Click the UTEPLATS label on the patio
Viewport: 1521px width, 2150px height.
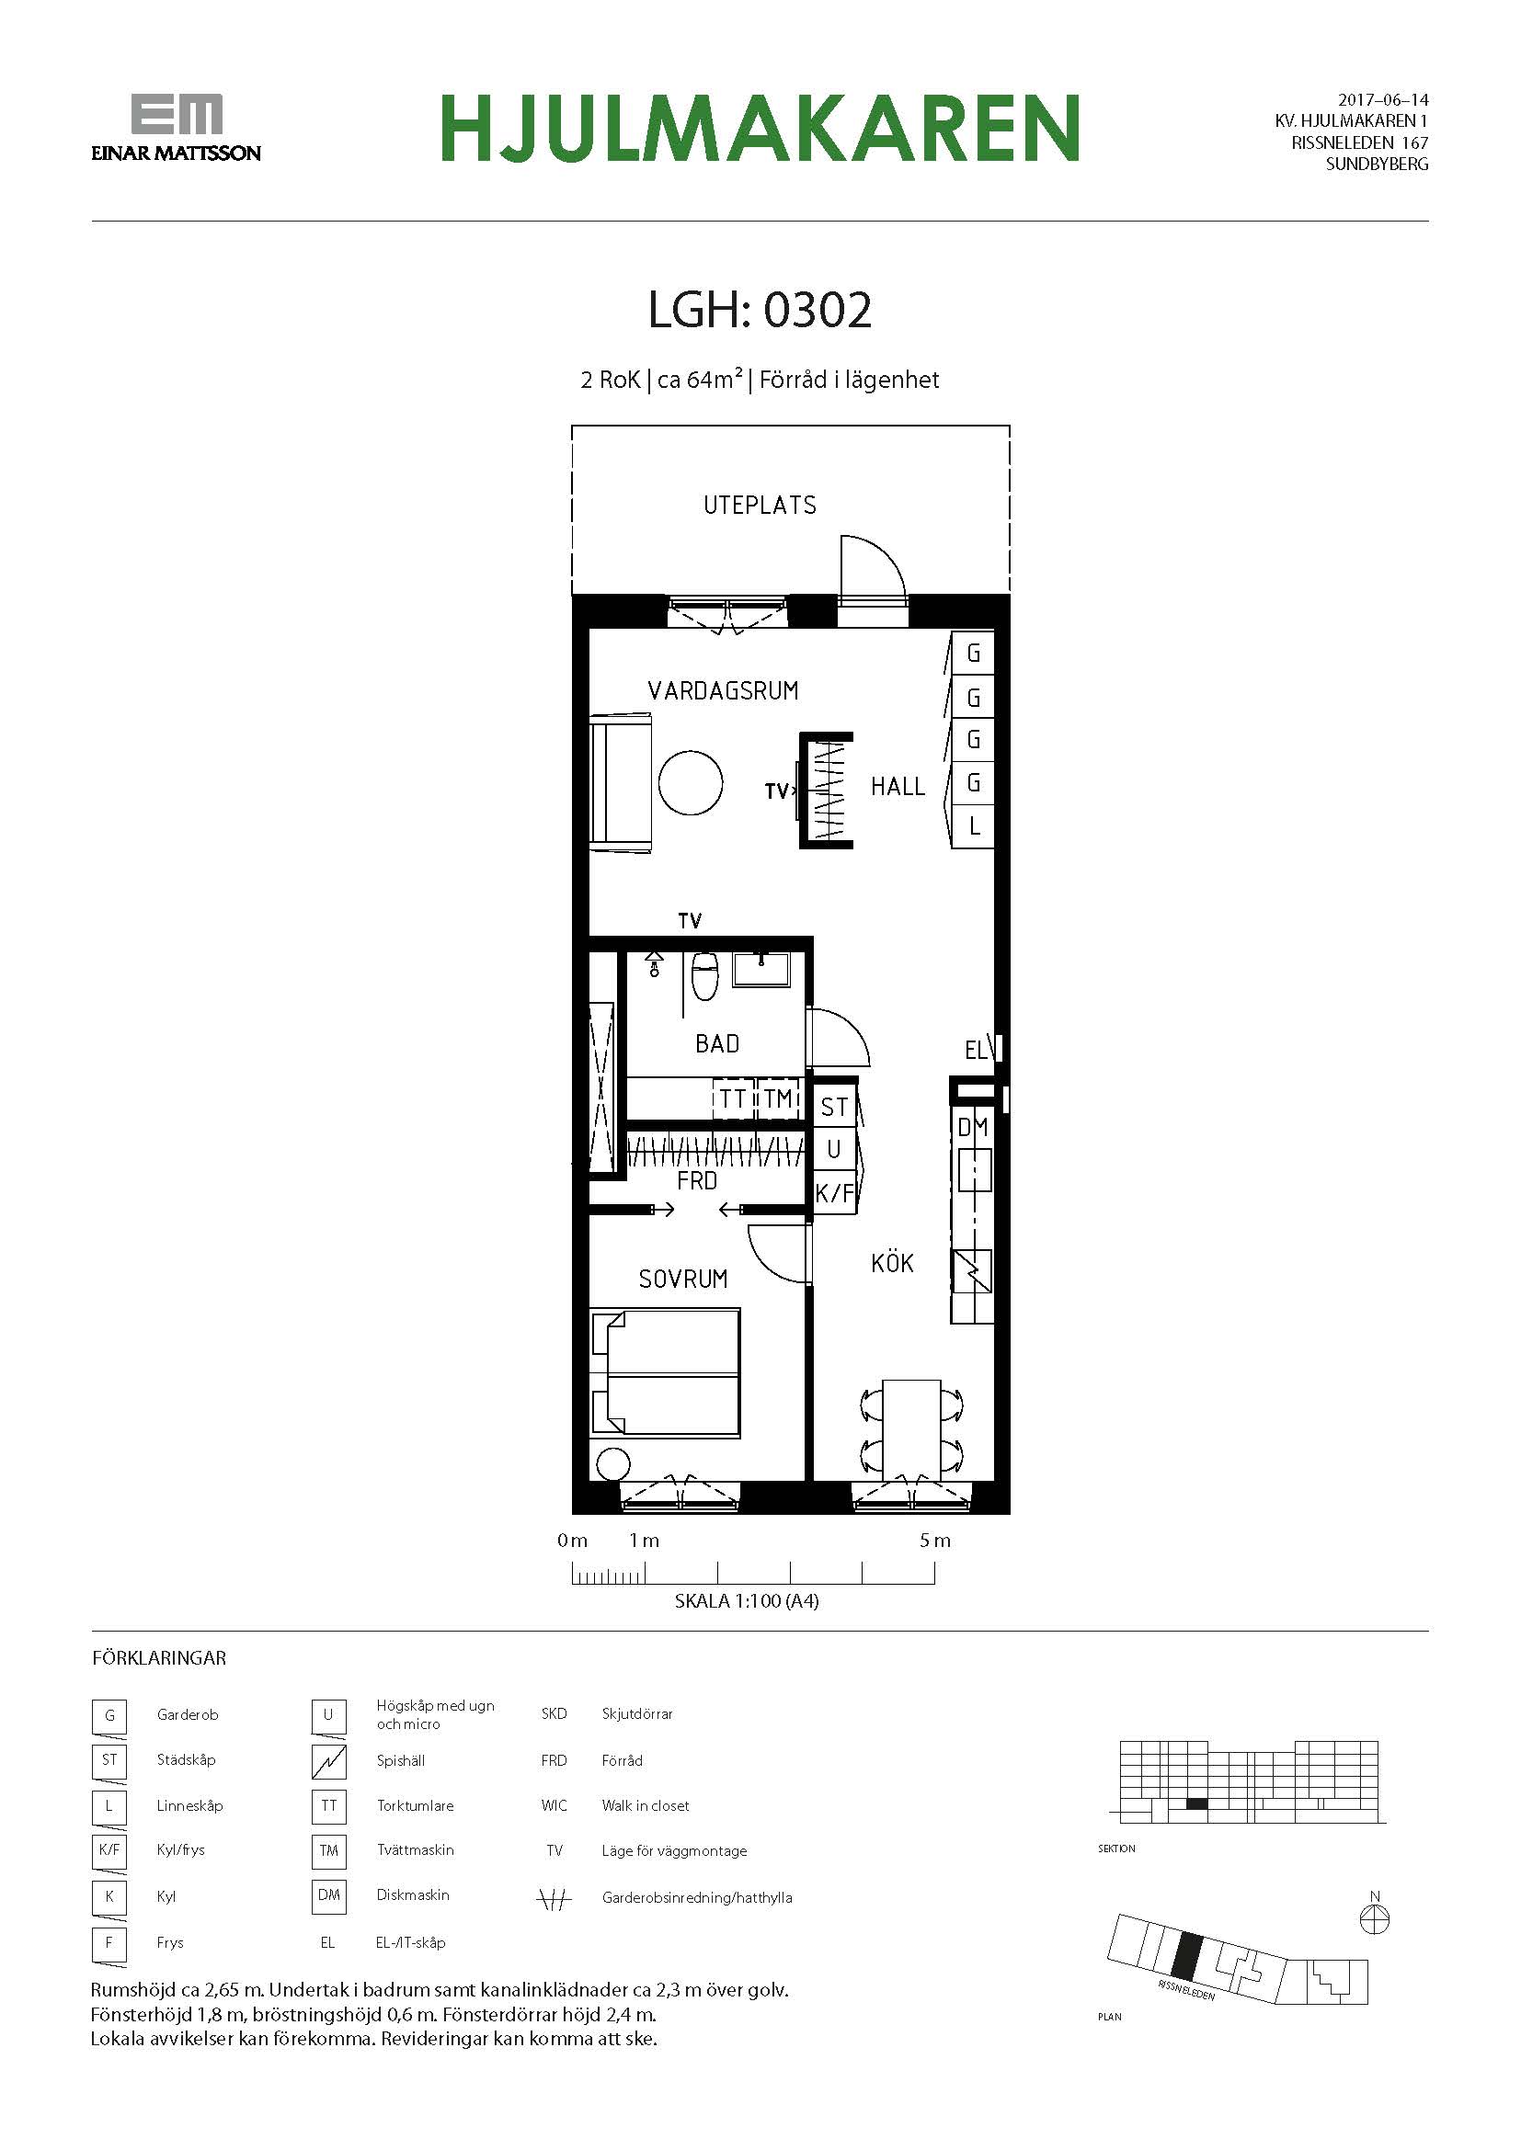coord(760,506)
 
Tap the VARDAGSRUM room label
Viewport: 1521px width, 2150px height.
coord(723,691)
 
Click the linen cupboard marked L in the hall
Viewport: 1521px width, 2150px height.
coord(973,827)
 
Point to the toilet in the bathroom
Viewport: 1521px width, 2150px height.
coord(704,976)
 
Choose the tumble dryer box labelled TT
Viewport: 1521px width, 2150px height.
coord(732,1098)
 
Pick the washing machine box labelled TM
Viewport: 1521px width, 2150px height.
coord(777,1098)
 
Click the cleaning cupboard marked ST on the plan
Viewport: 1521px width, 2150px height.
coord(833,1107)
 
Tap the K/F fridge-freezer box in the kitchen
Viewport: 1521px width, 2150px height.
coord(833,1193)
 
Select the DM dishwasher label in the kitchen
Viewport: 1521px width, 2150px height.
coord(973,1128)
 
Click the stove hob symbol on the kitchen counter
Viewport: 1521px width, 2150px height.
coord(973,1272)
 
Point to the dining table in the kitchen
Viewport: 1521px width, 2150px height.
coord(911,1430)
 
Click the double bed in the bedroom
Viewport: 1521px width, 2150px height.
coord(666,1372)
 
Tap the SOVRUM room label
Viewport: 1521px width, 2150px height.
coord(682,1280)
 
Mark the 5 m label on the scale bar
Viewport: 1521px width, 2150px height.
coord(934,1541)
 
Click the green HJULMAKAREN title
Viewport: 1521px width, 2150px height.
coord(760,128)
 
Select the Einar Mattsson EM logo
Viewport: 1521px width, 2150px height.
coord(176,128)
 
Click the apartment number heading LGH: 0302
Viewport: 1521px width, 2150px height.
coord(760,310)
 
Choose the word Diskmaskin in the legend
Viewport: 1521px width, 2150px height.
coord(413,1894)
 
